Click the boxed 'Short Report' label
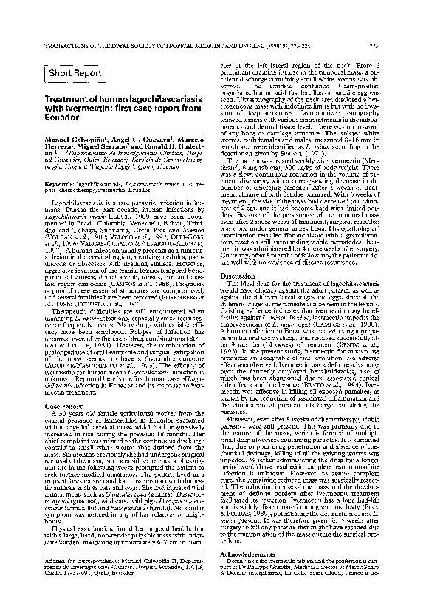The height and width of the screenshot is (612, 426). [x=74, y=72]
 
